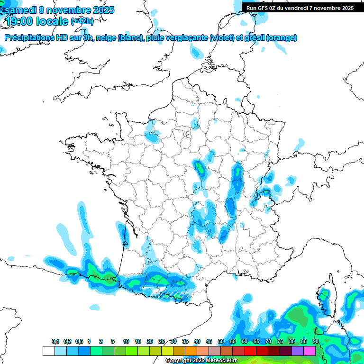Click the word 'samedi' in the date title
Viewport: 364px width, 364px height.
pyautogui.click(x=19, y=10)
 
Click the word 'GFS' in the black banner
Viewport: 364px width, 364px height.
pyautogui.click(x=265, y=8)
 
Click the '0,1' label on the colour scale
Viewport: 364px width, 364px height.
pyautogui.click(x=55, y=342)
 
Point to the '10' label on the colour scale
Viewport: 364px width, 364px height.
pyautogui.click(x=126, y=342)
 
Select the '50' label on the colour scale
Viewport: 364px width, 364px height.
pyautogui.click(x=221, y=342)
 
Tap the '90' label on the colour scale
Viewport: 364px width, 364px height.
pyautogui.click(x=315, y=342)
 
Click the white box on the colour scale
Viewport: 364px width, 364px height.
pyautogui.click(x=48, y=351)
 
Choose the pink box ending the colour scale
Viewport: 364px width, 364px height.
pyautogui.click(x=309, y=351)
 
